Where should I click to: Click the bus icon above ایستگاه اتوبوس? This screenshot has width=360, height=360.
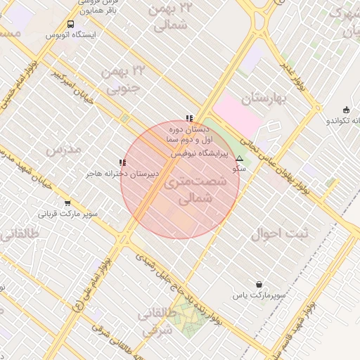pos(70,25)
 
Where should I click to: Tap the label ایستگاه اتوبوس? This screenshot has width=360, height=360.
pos(70,34)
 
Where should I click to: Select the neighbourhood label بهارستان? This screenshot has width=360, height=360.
pos(264,98)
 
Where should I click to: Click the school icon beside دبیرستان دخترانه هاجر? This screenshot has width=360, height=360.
pos(123,162)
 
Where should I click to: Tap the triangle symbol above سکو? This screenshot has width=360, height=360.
pos(239,159)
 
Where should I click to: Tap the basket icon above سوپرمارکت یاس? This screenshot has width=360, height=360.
pos(259,285)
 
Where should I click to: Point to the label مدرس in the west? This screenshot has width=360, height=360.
pos(63,149)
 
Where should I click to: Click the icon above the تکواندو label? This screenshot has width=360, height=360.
pos(345,110)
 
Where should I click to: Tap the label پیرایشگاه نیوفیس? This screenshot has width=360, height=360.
pos(202,152)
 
